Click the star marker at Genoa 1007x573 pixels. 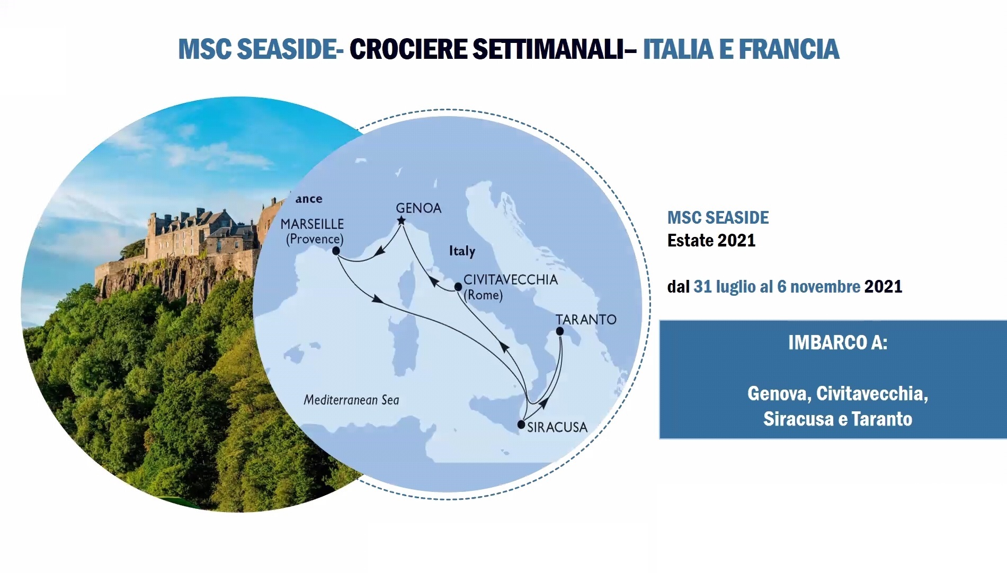401,221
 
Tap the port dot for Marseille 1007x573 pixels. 336,251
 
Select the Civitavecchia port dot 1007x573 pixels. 458,287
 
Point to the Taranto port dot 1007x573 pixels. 559,331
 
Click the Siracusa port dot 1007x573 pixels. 521,425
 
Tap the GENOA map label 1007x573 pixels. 418,208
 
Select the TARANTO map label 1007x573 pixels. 586,319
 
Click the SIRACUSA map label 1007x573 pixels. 557,427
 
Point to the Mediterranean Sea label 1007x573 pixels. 351,400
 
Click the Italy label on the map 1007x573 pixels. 462,251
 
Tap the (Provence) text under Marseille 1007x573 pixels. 315,239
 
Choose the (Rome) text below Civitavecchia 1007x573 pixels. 483,295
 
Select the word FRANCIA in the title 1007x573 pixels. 789,49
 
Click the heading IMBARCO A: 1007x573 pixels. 837,342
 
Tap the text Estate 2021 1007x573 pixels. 711,240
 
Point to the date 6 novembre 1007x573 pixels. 819,286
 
